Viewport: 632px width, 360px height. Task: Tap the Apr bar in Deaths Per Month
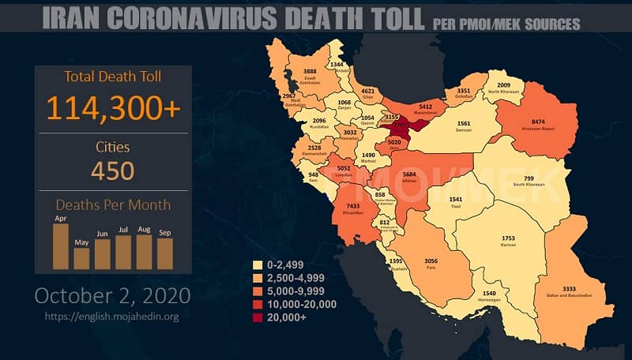click(x=60, y=246)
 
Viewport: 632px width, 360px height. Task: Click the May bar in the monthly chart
click(x=81, y=258)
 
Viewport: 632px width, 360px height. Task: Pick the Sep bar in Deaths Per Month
click(x=164, y=253)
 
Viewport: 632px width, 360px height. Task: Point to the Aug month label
click(x=143, y=228)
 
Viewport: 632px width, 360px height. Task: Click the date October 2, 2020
click(x=112, y=295)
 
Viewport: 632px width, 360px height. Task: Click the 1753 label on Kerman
click(x=508, y=238)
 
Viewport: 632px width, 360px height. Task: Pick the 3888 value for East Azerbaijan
click(x=311, y=72)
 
